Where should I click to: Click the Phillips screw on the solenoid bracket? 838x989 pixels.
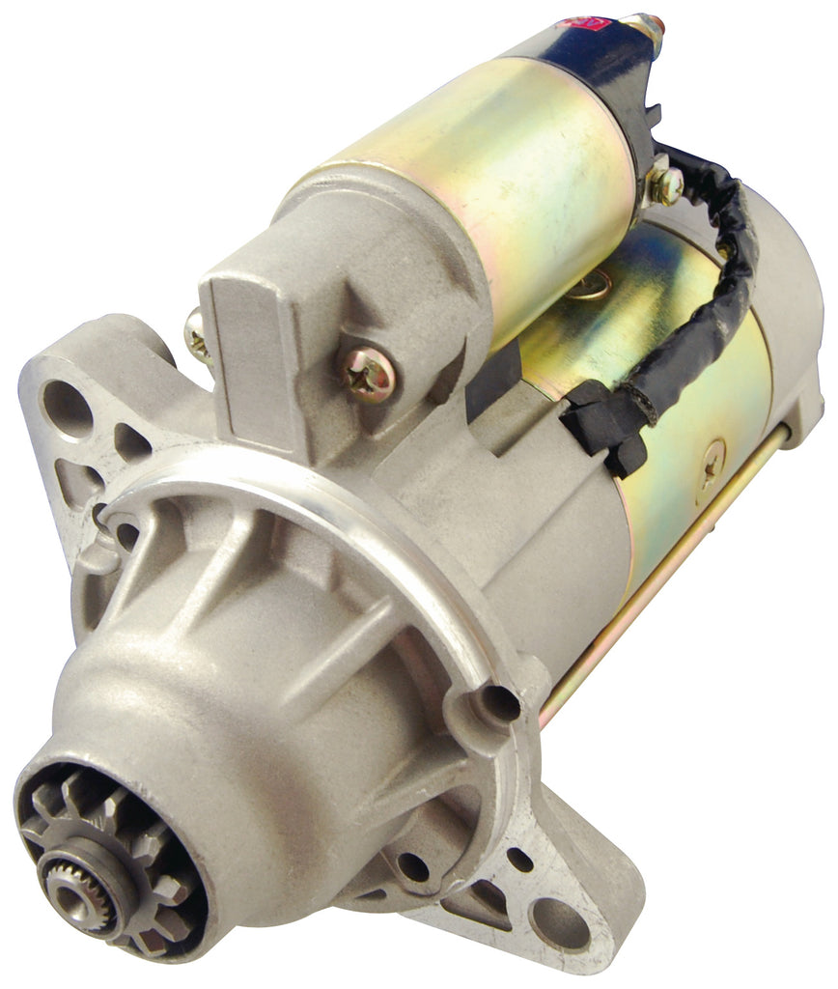(x=368, y=373)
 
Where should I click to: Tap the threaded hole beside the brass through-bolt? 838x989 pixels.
(x=499, y=704)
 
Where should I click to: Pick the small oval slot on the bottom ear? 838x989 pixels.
(x=519, y=859)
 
